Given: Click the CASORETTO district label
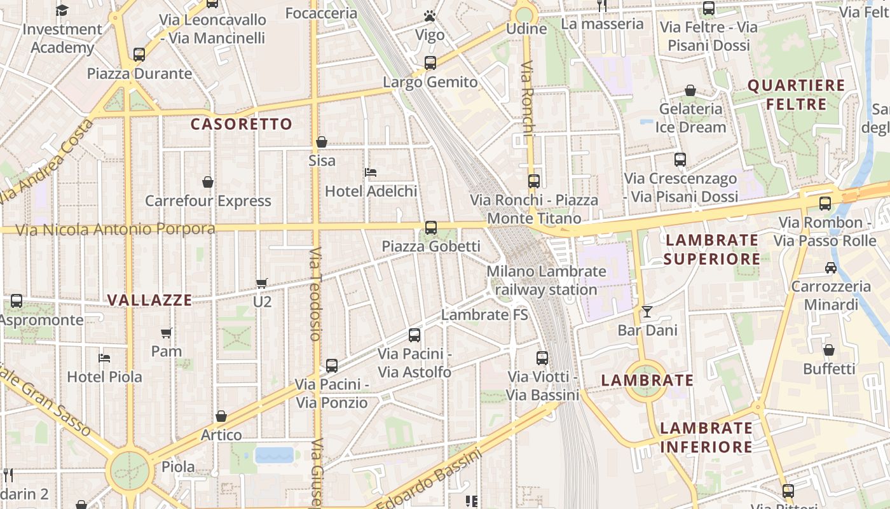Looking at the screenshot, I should (241, 124).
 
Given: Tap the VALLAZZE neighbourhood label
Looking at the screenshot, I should (149, 300).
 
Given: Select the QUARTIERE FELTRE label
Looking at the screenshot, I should (796, 95).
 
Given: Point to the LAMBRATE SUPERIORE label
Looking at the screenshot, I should (712, 249).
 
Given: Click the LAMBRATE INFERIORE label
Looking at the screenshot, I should (706, 437).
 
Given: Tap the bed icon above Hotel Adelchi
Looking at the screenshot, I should (371, 172).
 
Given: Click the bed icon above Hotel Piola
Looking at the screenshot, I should (104, 358).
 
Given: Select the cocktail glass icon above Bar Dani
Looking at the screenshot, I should (647, 311).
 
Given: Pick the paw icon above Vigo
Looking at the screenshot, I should (430, 16).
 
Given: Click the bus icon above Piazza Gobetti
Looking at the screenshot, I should (431, 227).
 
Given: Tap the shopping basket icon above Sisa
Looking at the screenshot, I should (322, 142).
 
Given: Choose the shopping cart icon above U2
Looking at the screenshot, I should (261, 283).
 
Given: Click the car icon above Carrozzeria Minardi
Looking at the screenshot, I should (830, 267).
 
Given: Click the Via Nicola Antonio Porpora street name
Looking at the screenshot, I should (115, 229).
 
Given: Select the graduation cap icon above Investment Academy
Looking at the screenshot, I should (62, 10).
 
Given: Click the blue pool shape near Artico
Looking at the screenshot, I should (275, 455).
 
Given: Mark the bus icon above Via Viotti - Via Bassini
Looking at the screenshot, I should (542, 358).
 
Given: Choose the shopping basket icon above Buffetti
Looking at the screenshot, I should (829, 350).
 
